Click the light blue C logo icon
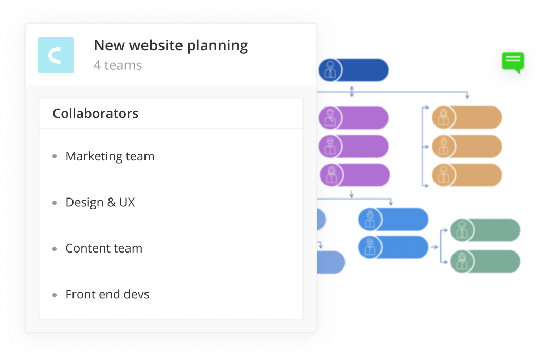56,55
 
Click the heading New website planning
171,46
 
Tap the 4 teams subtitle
118,65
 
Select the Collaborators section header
96,113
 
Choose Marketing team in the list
110,156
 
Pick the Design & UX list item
100,202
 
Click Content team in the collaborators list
104,248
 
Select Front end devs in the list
107,294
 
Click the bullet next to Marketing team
55,157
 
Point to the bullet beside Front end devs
55,295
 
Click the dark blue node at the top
354,70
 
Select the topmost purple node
354,118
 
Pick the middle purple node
354,146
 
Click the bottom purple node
355,175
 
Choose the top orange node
467,118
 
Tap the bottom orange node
467,175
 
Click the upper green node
485,230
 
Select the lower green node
485,261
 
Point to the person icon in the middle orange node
443,147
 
